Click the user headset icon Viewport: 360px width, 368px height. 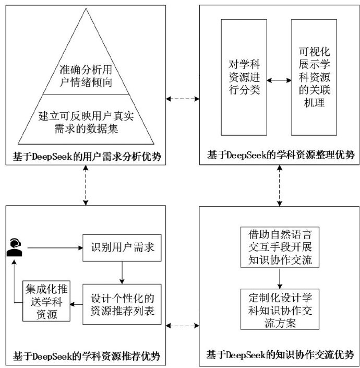pos(15,246)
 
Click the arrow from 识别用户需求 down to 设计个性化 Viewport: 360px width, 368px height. pos(122,273)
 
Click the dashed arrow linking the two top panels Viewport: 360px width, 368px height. pos(182,98)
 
